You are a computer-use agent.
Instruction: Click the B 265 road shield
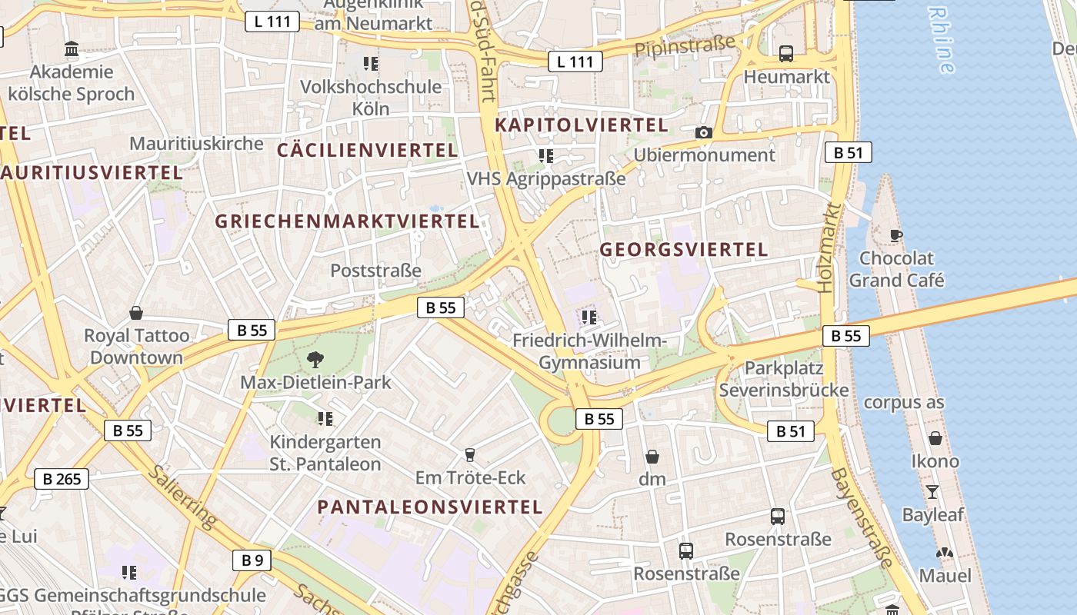click(x=62, y=479)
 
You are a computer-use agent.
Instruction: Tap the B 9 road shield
click(x=252, y=560)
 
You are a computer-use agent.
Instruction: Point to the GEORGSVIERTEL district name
click(x=684, y=249)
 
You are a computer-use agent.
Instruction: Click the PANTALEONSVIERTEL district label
click(x=430, y=507)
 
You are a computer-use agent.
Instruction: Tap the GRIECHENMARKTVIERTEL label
click(x=347, y=221)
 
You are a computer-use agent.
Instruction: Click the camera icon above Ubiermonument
click(x=703, y=133)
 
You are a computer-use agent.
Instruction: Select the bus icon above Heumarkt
click(x=786, y=54)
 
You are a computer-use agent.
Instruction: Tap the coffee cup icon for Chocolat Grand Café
click(x=895, y=235)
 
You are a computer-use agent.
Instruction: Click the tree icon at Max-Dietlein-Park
click(x=315, y=359)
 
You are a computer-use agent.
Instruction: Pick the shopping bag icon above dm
click(x=652, y=457)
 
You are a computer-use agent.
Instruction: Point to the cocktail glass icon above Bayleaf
click(x=932, y=492)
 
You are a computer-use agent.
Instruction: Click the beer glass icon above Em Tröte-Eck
click(x=469, y=455)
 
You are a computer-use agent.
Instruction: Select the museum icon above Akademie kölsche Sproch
click(x=72, y=49)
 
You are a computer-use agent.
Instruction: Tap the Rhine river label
click(x=941, y=40)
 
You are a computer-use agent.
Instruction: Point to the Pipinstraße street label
click(x=685, y=46)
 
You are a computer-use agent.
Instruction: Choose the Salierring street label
click(x=183, y=497)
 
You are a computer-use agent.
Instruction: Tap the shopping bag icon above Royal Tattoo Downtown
click(x=136, y=313)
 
